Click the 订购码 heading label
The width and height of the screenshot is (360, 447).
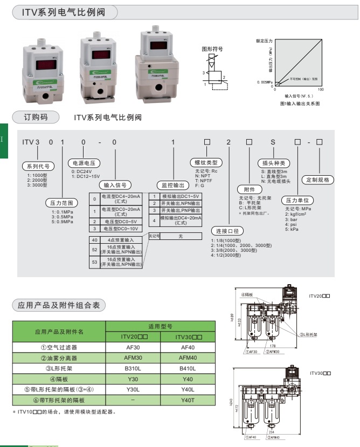[x=36, y=116]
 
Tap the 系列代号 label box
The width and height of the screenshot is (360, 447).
[x=36, y=166]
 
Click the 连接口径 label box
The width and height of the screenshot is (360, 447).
[x=226, y=230]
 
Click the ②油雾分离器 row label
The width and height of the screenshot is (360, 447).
[x=59, y=358]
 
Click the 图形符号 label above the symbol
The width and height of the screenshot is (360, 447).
[x=212, y=49]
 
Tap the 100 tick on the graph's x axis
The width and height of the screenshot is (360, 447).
[x=321, y=90]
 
